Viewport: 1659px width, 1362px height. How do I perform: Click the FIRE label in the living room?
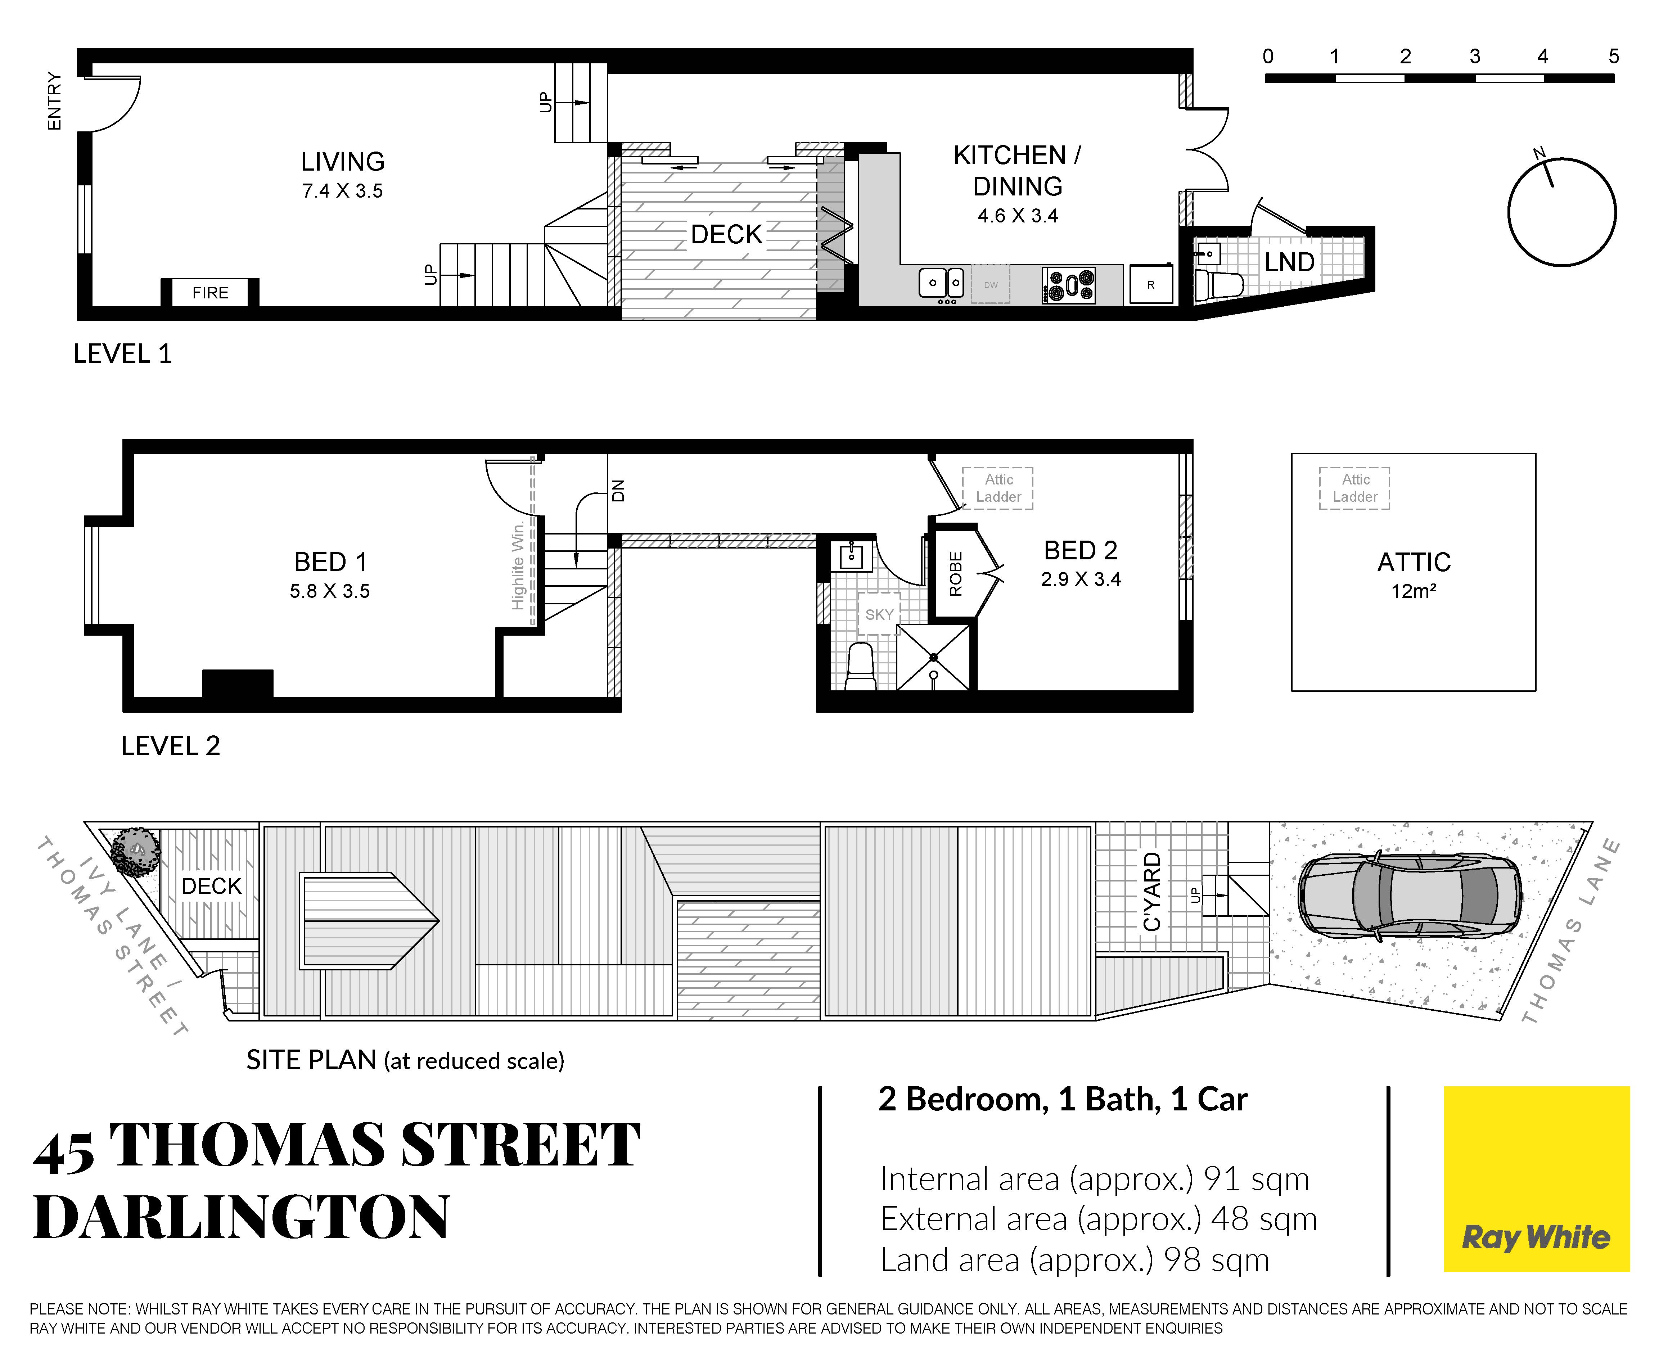tap(210, 293)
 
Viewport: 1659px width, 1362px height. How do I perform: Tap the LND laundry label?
tap(1289, 262)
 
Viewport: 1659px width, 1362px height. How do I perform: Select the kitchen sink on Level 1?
tap(941, 283)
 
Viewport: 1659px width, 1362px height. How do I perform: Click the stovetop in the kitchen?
tap(1068, 285)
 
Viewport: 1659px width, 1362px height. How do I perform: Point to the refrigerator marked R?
tap(1151, 284)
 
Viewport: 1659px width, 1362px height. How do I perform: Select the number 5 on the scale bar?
tap(1614, 56)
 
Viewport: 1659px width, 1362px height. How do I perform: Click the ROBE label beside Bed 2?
tap(955, 573)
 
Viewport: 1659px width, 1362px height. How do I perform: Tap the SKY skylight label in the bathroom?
tap(879, 614)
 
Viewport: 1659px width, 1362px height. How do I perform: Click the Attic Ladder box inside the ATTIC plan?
tap(1354, 488)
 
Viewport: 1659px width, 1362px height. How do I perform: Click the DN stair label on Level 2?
tap(618, 491)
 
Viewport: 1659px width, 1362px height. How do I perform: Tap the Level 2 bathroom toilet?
tap(861, 667)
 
